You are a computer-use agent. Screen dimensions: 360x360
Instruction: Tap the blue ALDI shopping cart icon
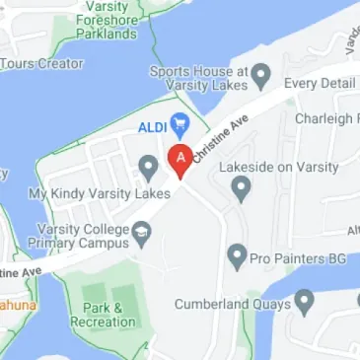click(180, 124)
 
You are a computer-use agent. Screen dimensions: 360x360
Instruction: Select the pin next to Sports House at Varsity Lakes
click(261, 73)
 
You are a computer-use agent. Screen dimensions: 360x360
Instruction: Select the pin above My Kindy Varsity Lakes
click(148, 168)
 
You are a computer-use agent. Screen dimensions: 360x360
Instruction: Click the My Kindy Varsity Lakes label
click(100, 194)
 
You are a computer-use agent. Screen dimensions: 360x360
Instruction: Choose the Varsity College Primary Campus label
click(75, 237)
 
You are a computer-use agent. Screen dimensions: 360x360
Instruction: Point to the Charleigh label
click(326, 118)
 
